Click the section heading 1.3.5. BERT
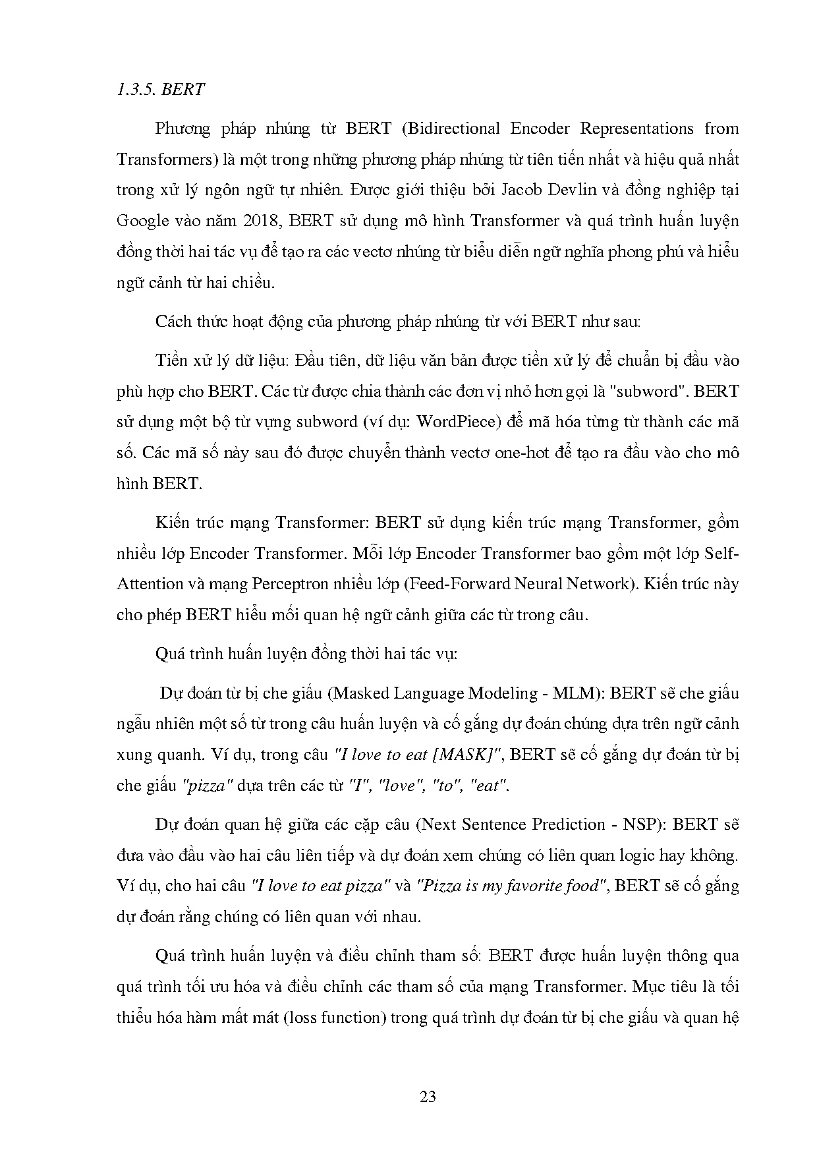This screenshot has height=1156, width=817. click(x=161, y=90)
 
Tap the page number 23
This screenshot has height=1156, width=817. click(x=428, y=1097)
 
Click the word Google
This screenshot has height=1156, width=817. click(x=143, y=221)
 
